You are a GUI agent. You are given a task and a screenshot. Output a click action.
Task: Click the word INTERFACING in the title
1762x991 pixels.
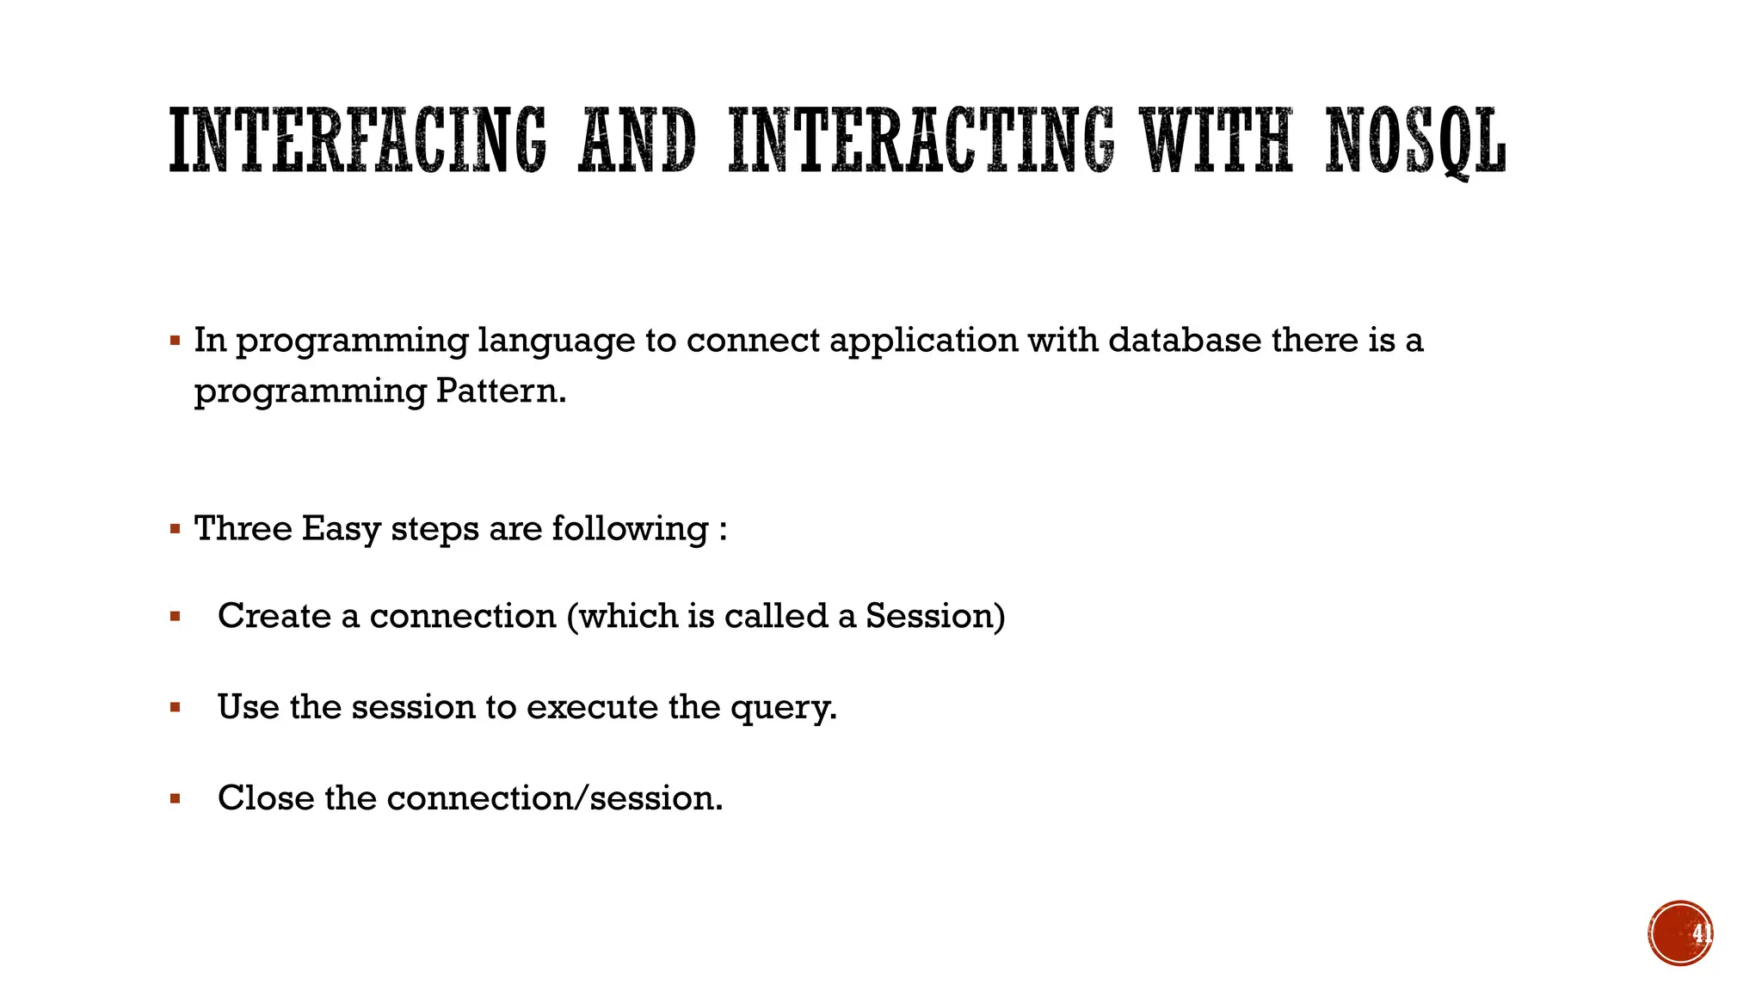click(x=357, y=140)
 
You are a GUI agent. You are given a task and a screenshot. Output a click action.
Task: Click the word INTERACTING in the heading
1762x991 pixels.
click(x=921, y=140)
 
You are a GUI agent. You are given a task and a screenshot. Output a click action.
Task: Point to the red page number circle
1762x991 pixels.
click(x=1680, y=933)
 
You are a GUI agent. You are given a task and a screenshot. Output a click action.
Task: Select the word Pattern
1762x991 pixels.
click(x=501, y=391)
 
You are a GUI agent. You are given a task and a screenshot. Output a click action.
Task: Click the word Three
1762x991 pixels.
click(x=243, y=528)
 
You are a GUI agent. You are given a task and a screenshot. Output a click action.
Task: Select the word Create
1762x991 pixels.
click(x=274, y=616)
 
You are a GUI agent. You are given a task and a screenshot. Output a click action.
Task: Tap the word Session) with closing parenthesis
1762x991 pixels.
click(x=935, y=617)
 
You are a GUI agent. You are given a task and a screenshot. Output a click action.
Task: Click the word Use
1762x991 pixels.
click(x=249, y=707)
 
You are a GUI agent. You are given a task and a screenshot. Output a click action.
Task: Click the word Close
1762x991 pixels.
click(x=266, y=798)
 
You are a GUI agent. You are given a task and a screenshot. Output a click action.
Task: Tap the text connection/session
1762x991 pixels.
click(x=555, y=798)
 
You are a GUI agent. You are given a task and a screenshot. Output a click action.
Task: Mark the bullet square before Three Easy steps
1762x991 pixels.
click(x=176, y=529)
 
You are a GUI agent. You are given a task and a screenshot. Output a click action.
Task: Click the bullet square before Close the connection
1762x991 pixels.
click(x=176, y=799)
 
